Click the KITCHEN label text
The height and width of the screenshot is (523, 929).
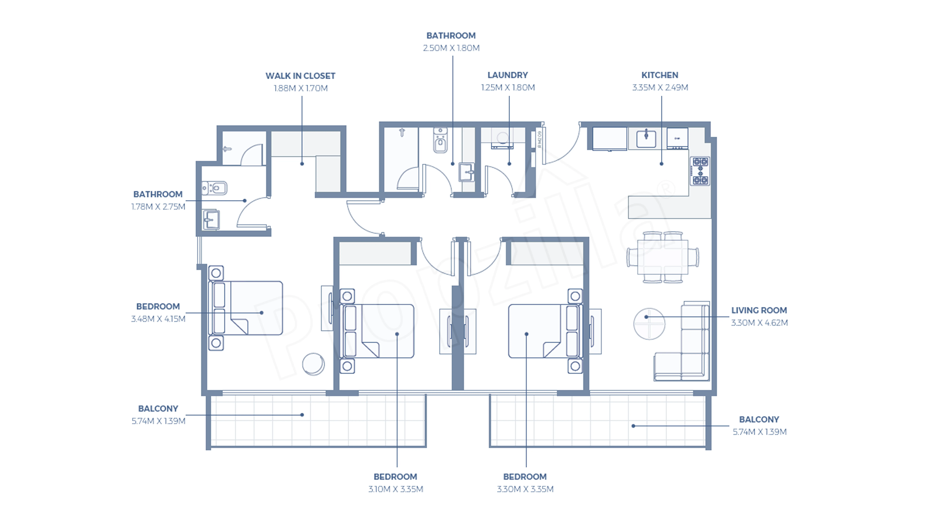pyautogui.click(x=660, y=75)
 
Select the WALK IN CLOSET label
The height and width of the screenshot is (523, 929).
pyautogui.click(x=300, y=76)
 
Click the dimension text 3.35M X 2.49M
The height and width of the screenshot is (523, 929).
pyautogui.click(x=660, y=87)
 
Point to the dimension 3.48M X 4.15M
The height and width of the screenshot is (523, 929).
pyautogui.click(x=158, y=319)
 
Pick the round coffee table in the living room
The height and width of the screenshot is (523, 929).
pyautogui.click(x=649, y=324)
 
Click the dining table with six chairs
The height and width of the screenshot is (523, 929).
pyautogui.click(x=662, y=257)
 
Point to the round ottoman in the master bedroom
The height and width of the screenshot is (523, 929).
pyautogui.click(x=313, y=364)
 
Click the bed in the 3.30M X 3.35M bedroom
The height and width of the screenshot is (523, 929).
pyautogui.click(x=545, y=331)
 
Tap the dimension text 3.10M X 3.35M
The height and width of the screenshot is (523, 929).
pyautogui.click(x=396, y=489)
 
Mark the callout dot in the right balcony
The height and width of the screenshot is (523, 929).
pyautogui.click(x=633, y=426)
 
